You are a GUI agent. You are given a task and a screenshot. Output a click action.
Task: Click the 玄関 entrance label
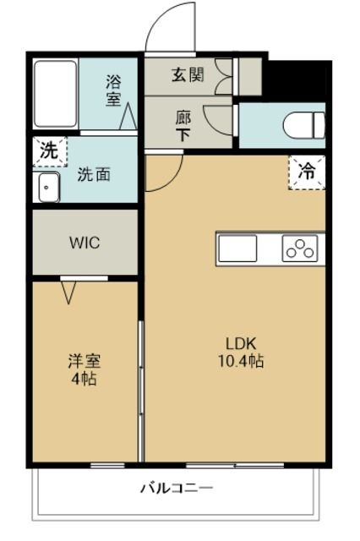coord(188,74)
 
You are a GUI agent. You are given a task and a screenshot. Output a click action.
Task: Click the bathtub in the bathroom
coord(56,93)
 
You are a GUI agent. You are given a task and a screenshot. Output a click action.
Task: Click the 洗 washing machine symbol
coord(50,154)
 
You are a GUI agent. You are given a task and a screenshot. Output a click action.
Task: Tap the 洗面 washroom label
coord(93,176)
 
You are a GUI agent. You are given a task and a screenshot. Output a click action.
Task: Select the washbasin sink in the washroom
coord(48,189)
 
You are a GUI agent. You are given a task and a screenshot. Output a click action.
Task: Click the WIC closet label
coord(84,243)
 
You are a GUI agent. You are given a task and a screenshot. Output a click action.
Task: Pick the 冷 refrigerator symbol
coord(306,172)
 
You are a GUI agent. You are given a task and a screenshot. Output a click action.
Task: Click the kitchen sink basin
coord(238,249)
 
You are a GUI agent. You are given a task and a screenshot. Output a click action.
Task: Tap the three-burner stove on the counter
coord(299,249)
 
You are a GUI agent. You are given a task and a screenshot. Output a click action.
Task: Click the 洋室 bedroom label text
coord(84,362)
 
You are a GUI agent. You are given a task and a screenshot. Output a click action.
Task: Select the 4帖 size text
coord(84,380)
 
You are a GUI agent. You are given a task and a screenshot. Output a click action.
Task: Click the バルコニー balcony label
coord(177,488)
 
